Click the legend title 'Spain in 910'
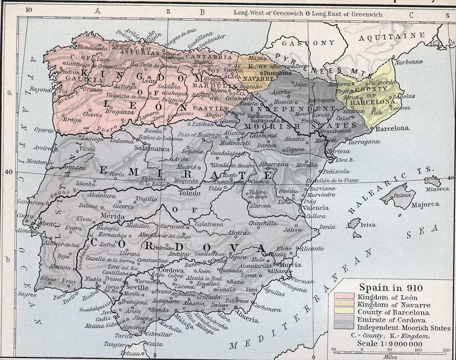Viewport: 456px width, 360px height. coord(391,288)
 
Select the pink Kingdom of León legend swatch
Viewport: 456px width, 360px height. coord(344,297)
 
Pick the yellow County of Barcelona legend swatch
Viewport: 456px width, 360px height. coord(344,313)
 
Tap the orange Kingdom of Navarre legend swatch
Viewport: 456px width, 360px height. coord(344,305)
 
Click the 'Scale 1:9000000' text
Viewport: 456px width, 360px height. coord(390,343)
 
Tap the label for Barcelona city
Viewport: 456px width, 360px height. coord(391,128)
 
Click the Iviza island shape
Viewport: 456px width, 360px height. coord(354,224)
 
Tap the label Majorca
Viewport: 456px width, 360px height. coord(425,204)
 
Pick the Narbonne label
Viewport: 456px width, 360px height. coord(406,62)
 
